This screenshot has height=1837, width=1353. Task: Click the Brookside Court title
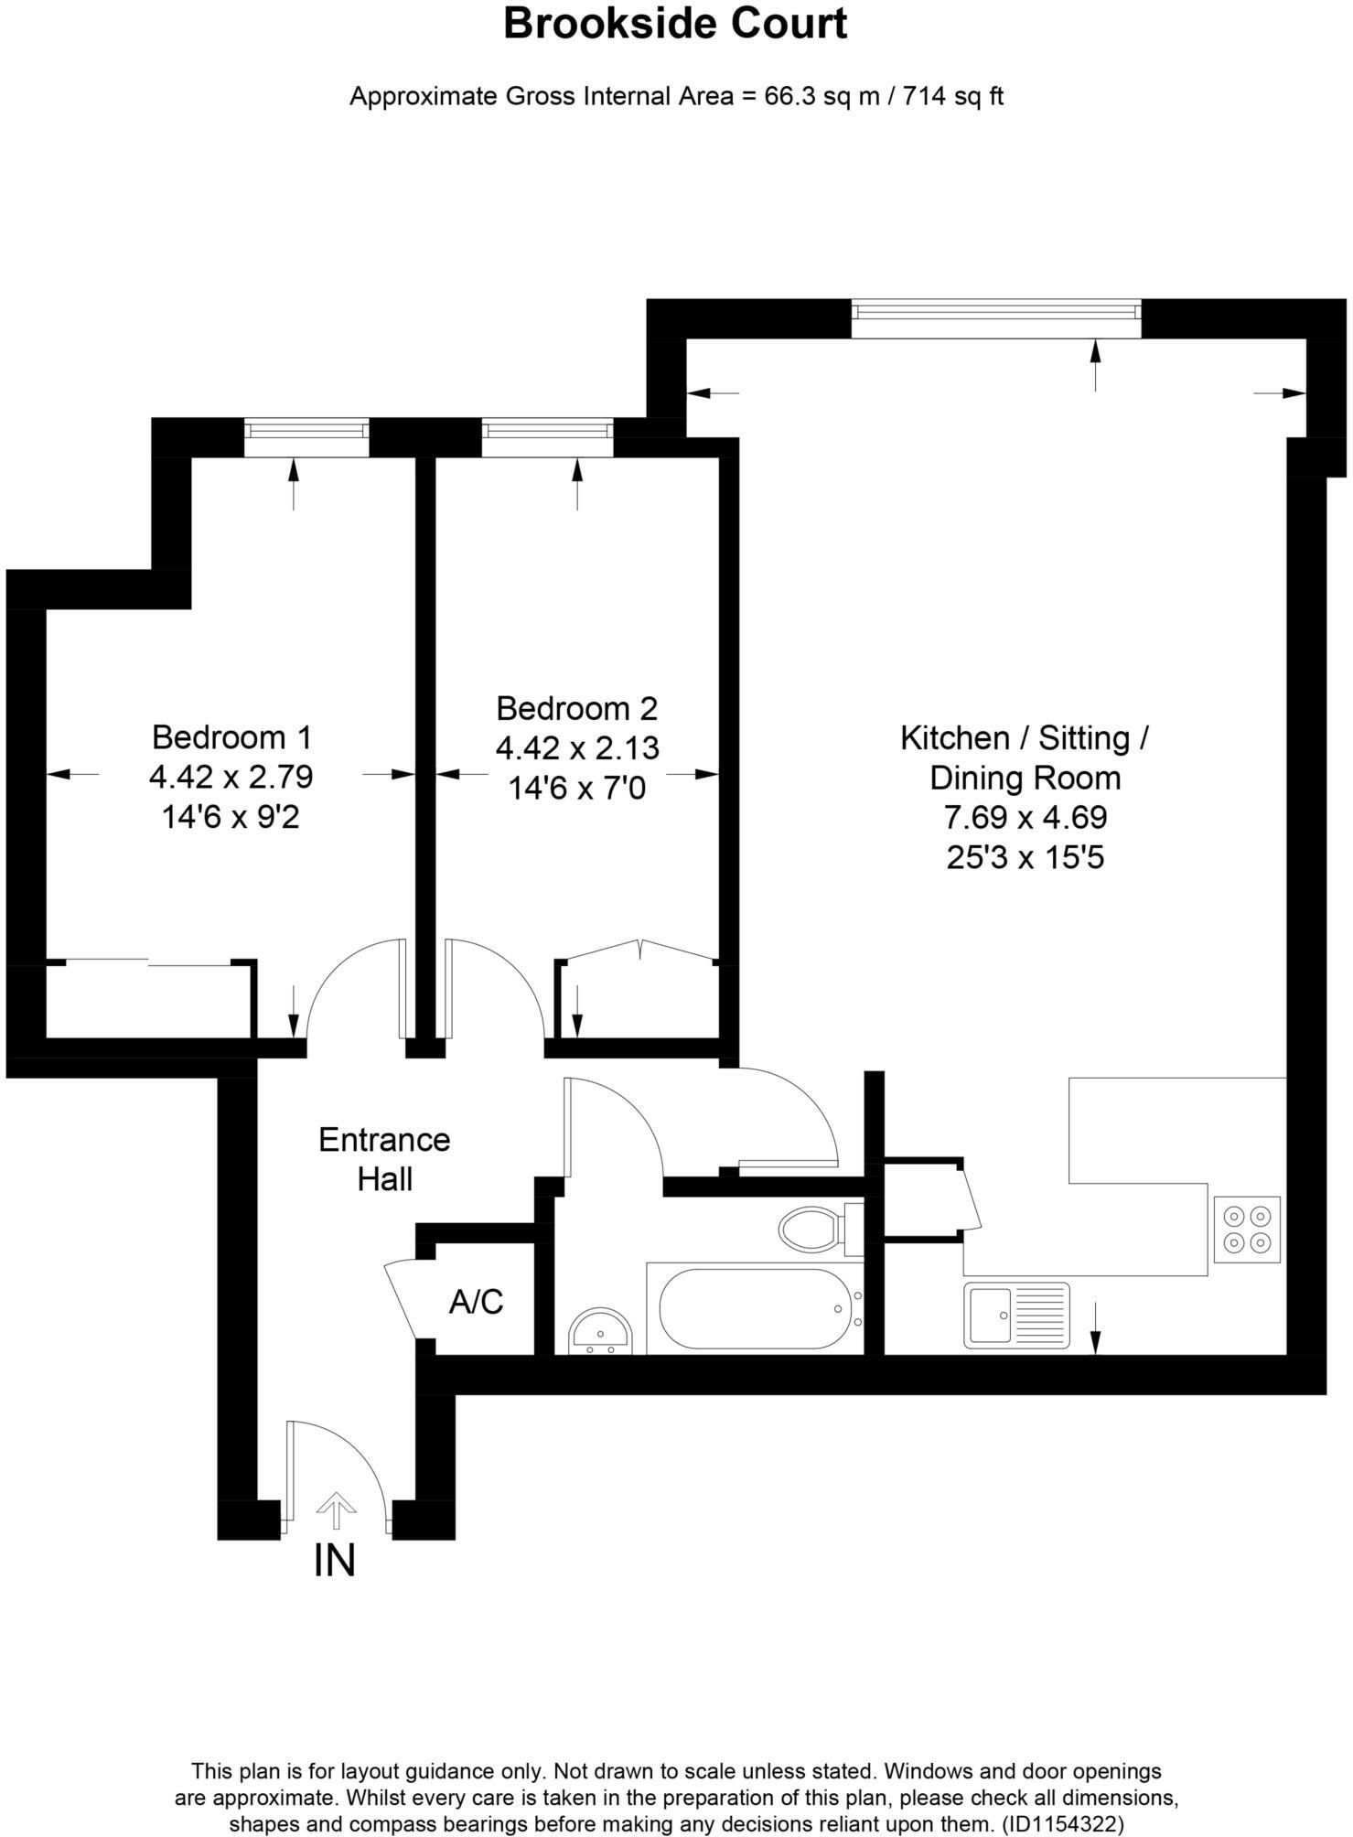click(x=675, y=24)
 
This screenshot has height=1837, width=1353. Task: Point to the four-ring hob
click(x=1247, y=1230)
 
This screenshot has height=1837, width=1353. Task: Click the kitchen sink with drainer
click(x=1015, y=1316)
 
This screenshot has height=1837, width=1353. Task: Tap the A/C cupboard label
click(x=476, y=1301)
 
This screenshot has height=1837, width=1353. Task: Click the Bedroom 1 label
click(x=231, y=736)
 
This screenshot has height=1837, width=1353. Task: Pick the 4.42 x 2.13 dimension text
click(x=577, y=748)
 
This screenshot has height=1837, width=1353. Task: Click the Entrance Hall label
click(x=384, y=1159)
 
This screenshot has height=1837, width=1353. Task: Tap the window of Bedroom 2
click(x=548, y=437)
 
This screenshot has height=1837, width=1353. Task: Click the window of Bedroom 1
click(x=306, y=437)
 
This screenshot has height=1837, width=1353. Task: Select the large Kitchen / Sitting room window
click(x=996, y=319)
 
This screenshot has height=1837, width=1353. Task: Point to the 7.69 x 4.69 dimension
click(x=1025, y=817)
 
